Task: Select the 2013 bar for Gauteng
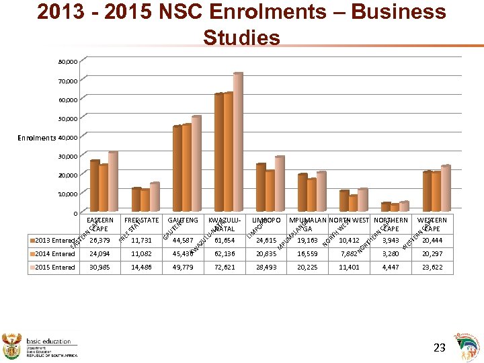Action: [177, 168]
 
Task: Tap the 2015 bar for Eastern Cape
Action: [113, 182]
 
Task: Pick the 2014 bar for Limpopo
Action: [270, 191]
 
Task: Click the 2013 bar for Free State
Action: [136, 200]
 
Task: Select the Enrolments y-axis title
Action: [37, 138]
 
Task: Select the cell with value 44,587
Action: [183, 241]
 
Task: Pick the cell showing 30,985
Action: [99, 267]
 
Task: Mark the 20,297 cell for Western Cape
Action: [432, 253]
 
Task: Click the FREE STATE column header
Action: [141, 220]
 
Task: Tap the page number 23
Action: [440, 348]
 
